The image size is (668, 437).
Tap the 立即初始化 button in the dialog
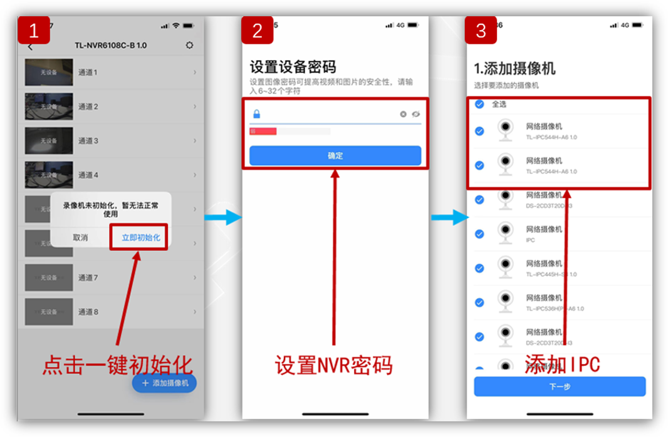point(141,237)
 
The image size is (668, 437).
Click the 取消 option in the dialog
point(80,237)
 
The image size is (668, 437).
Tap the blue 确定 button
point(335,155)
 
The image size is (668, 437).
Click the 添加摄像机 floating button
point(164,383)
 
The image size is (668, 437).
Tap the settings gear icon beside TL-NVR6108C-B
point(190,46)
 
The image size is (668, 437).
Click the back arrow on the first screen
point(30,46)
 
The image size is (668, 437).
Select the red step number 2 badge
point(257,31)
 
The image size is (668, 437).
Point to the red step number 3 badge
point(481,31)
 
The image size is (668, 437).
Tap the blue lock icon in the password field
point(256,114)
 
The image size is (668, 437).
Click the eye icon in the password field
point(415,114)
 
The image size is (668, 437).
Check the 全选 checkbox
point(479,104)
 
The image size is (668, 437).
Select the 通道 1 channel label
point(88,73)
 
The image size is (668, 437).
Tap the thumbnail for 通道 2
point(49,106)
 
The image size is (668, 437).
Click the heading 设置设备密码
point(293,67)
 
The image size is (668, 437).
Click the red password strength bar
point(263,131)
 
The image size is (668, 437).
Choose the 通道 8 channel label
point(88,312)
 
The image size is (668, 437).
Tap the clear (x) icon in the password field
point(403,114)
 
